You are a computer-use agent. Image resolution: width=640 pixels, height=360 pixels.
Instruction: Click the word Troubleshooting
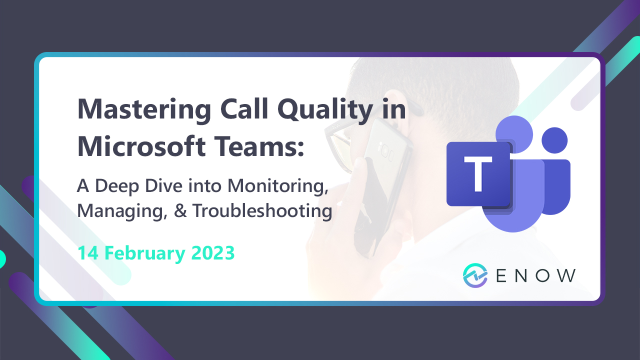click(262, 211)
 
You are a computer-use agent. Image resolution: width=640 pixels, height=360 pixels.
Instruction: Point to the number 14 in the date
click(87, 253)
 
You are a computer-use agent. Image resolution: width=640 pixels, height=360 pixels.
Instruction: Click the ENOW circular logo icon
click(474, 275)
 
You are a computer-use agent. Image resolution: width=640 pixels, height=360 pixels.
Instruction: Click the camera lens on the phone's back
click(386, 149)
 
